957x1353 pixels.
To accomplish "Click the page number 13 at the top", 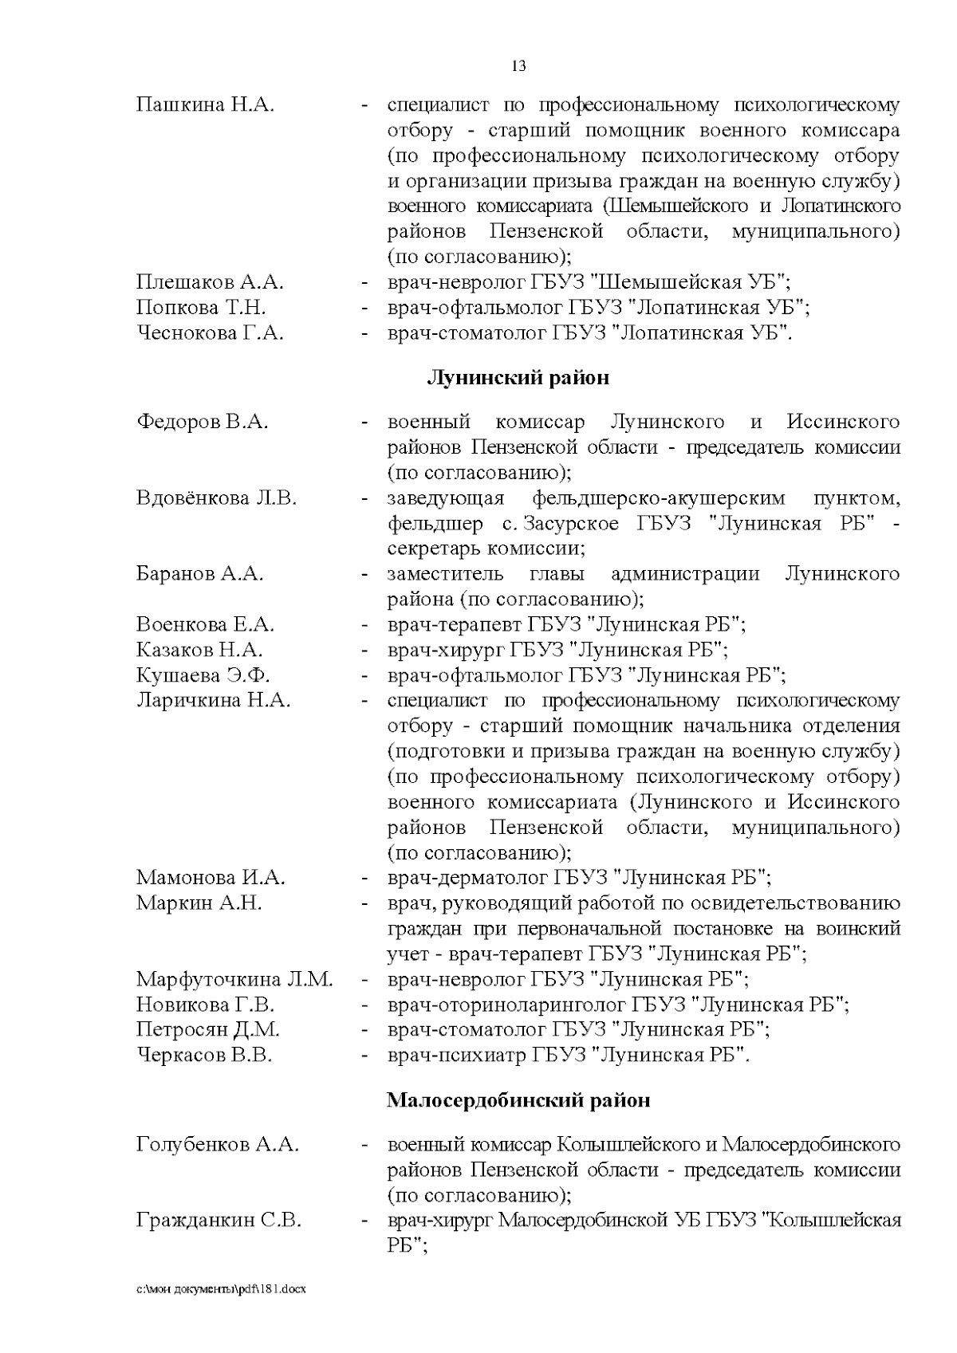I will point(518,66).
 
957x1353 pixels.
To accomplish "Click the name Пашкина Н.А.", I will point(205,105).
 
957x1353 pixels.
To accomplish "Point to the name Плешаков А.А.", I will point(210,282).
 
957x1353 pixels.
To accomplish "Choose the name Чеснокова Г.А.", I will point(210,333).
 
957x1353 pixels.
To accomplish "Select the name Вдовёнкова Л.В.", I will point(216,498).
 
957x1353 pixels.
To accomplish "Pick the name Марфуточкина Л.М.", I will point(234,979).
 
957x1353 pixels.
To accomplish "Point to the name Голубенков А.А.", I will point(218,1146).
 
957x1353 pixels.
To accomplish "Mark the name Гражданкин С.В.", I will point(219,1221).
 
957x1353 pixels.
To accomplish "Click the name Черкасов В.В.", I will point(204,1056).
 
